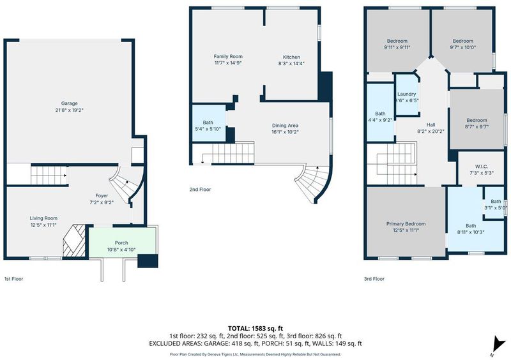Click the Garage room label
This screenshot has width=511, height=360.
70,103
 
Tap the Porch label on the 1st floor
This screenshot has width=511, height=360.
121,243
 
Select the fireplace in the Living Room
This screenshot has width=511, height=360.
74,241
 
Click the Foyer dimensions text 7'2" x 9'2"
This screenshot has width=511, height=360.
102,202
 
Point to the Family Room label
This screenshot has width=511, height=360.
228,56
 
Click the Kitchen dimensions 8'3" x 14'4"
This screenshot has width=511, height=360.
291,64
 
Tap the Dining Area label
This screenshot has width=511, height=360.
285,126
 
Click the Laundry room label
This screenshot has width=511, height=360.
407,94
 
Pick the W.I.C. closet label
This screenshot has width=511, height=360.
482,167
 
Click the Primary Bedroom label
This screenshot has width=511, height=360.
406,224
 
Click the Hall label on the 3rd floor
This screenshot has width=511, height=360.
431,124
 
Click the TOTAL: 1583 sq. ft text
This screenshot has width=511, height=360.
253,328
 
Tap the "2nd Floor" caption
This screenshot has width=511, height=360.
200,190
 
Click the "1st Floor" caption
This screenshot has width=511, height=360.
13,279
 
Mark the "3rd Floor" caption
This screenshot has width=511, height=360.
374,279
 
